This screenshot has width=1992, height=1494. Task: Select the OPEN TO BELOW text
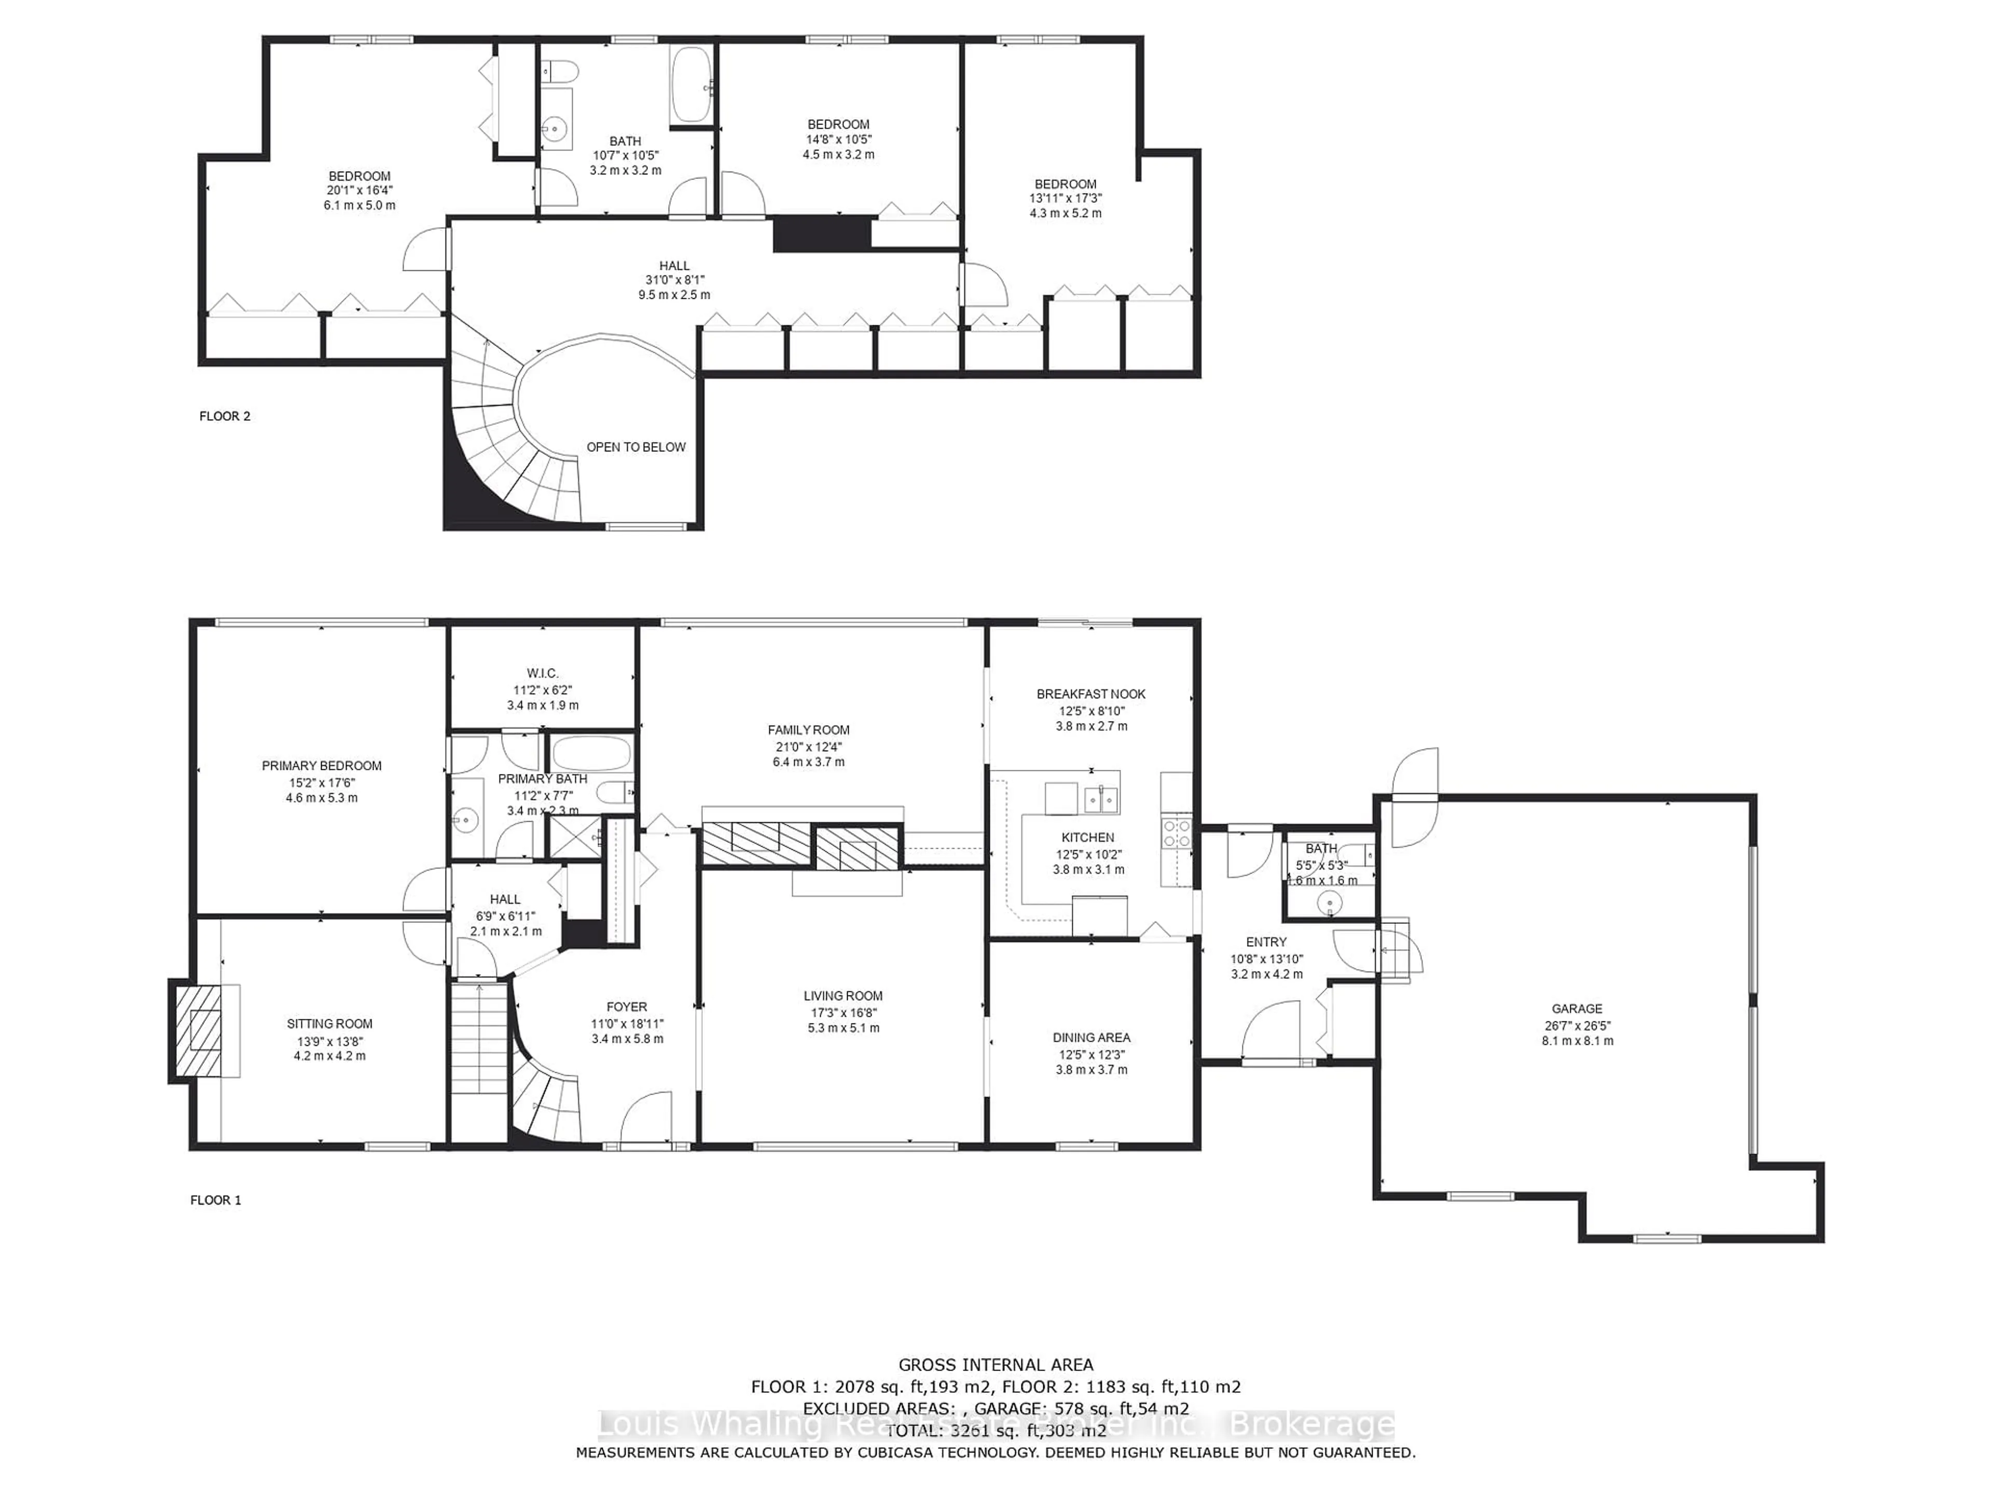636,447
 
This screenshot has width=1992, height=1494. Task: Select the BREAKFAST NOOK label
1090,694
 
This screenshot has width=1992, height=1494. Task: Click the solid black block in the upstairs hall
822,234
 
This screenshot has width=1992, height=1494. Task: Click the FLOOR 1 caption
216,1199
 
